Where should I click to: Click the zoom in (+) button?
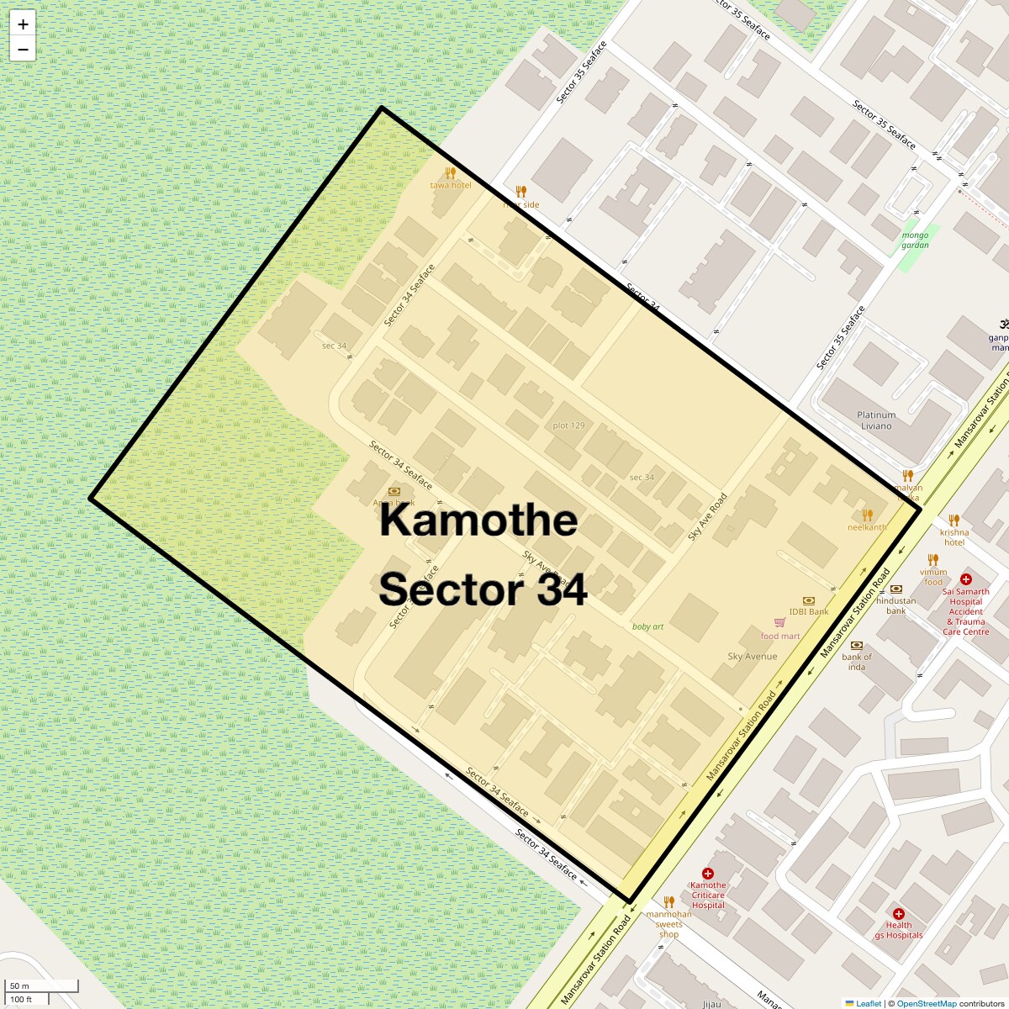click(x=23, y=24)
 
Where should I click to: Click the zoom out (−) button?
click(x=23, y=50)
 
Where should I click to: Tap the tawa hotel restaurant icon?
click(x=451, y=172)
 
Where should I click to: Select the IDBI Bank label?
click(x=809, y=611)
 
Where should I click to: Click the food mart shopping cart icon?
click(x=779, y=623)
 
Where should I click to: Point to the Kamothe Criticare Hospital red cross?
click(x=708, y=874)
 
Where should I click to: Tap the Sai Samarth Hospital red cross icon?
click(x=966, y=579)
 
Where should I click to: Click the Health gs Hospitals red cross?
click(x=899, y=914)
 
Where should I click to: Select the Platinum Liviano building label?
click(x=876, y=420)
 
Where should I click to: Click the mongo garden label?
click(x=915, y=240)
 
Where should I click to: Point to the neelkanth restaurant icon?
click(x=867, y=515)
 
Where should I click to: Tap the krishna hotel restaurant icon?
click(x=954, y=520)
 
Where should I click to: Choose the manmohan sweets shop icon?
click(x=669, y=902)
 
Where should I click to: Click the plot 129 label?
click(x=568, y=425)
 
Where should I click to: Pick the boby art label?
click(x=647, y=626)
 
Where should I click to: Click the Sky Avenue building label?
click(x=752, y=657)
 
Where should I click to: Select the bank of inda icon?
click(x=857, y=646)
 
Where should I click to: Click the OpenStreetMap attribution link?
click(x=926, y=1003)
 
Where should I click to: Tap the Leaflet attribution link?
click(x=869, y=1003)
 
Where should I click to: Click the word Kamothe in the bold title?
click(x=478, y=520)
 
